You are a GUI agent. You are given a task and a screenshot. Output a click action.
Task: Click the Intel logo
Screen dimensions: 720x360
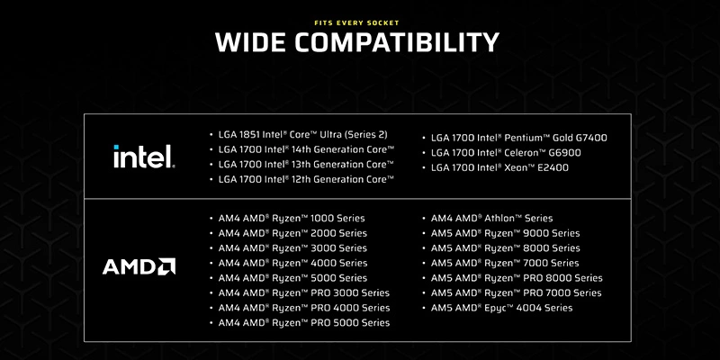[x=144, y=156]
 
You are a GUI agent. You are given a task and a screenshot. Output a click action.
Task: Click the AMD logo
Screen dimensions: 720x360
[x=139, y=266]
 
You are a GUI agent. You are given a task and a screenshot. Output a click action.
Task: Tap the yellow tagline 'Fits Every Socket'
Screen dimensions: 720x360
[x=356, y=22]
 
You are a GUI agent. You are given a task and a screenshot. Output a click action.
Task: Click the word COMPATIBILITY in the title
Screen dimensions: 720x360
[x=397, y=42]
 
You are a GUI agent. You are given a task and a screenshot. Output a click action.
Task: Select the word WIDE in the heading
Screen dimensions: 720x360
[x=252, y=42]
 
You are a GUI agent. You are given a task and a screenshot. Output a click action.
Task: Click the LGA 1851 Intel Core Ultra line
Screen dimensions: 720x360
[x=302, y=134]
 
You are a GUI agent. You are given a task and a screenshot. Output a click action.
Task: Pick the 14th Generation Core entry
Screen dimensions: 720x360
[x=306, y=149]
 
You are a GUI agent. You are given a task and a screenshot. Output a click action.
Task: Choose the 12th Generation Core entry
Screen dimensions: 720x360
[x=306, y=179]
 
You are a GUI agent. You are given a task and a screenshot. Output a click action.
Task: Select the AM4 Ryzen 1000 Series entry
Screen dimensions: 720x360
[x=292, y=218]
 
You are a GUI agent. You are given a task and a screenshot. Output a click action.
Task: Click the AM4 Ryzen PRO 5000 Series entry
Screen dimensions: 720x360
[x=304, y=323]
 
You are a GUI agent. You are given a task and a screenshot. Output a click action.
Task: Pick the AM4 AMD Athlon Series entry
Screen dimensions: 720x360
[x=491, y=218]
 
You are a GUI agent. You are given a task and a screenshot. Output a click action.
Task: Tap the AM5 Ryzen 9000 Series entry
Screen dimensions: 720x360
[x=505, y=233]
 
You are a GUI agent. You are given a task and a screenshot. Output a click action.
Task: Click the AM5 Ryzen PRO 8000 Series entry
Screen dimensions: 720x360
[x=517, y=278]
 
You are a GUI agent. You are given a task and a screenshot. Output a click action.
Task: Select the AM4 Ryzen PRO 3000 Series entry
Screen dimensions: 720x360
[x=304, y=293]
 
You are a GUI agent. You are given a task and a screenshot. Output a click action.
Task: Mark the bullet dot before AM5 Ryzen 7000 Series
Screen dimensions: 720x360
[x=424, y=264]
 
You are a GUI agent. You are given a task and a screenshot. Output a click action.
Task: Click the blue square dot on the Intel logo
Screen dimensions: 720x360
[x=116, y=147]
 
